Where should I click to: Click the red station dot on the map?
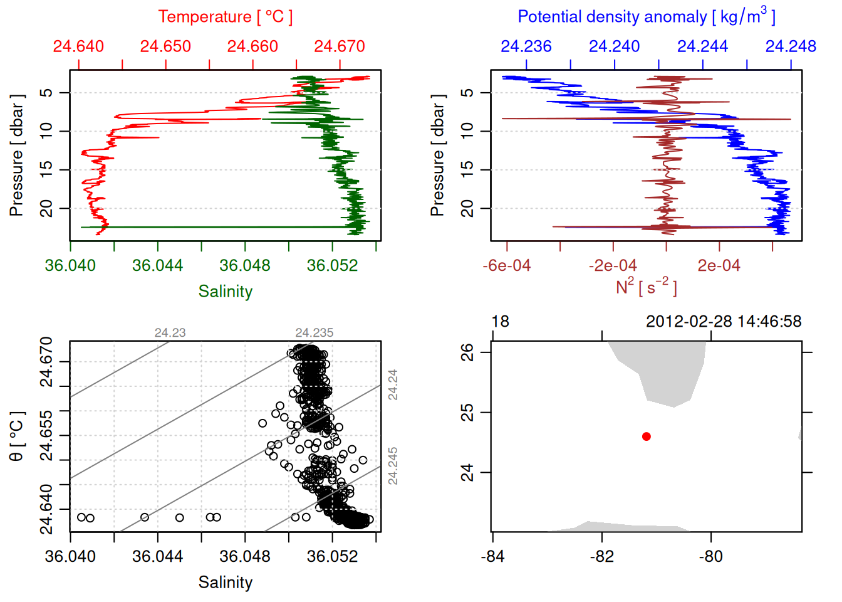647,436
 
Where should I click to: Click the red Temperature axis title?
225,17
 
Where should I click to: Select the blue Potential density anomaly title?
646,17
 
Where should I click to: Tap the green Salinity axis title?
225,292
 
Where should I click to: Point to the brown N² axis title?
646,287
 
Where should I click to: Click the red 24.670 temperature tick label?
340,46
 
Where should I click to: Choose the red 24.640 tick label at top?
78,46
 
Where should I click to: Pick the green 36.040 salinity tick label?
70,266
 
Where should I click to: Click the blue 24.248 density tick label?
791,46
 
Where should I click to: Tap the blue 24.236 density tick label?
526,46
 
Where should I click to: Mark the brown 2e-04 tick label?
719,266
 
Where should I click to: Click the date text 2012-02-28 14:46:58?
724,322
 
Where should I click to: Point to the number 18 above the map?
500,322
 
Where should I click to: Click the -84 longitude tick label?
493,557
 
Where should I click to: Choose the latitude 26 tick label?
467,352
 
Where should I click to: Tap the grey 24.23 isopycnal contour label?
170,333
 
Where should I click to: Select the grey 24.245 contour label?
393,466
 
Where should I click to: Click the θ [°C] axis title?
17,436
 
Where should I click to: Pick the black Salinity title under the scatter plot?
225,583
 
